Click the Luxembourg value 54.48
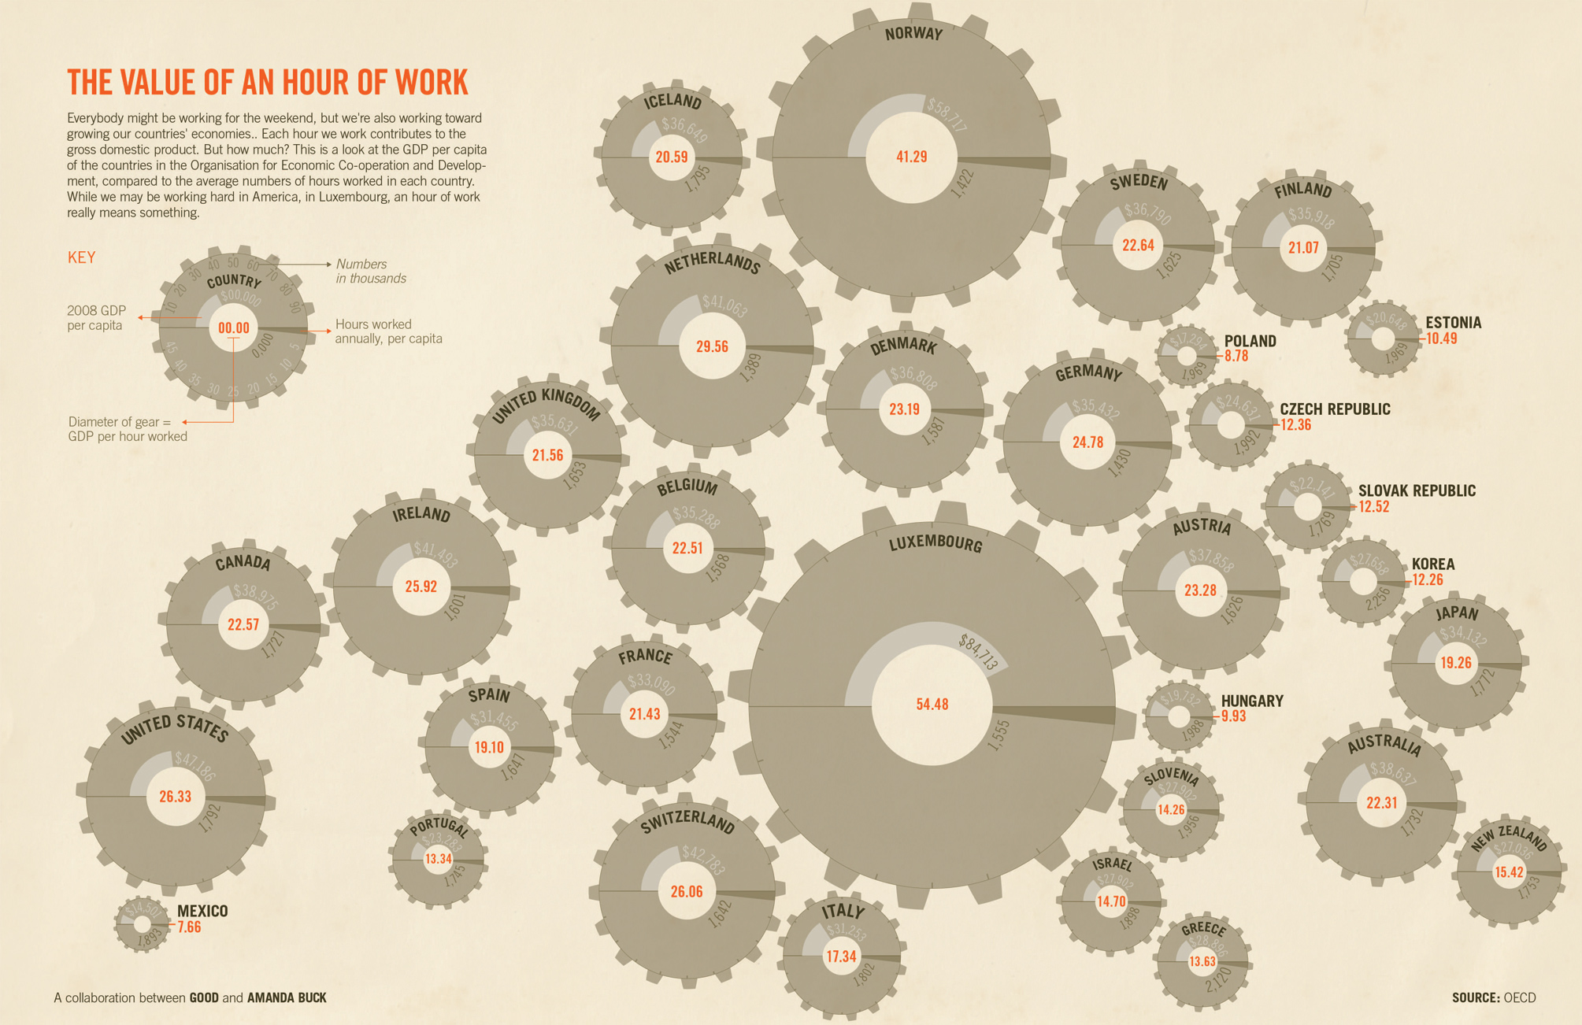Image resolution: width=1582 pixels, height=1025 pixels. point(932,705)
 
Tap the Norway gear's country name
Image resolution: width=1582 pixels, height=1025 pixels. point(913,34)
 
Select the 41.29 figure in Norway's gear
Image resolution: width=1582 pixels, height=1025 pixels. point(911,157)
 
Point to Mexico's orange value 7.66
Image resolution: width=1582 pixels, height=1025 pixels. point(189,927)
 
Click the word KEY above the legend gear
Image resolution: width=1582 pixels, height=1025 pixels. point(82,257)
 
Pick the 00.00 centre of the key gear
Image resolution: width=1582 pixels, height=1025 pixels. point(233,328)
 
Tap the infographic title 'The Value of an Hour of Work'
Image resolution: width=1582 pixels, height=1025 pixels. point(268,83)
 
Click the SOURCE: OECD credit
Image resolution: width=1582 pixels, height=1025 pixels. point(1493,997)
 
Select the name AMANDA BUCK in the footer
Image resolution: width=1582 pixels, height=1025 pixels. point(287,997)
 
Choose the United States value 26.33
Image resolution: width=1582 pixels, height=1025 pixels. point(175,797)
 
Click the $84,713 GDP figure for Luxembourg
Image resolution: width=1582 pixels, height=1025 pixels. point(979,653)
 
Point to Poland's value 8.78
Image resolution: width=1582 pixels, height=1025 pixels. point(1237,356)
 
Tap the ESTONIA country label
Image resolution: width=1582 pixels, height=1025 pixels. point(1453,323)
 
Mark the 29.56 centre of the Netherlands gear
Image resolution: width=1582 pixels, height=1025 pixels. point(712,346)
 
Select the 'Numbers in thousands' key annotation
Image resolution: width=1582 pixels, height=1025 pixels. point(371,271)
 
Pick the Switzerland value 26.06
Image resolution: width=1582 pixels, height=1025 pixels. point(687,892)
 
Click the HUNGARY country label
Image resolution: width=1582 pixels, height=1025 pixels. point(1252,701)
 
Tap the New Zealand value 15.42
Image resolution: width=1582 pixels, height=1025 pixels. point(1509,872)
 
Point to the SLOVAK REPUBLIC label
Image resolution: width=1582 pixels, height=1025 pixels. point(1417,490)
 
